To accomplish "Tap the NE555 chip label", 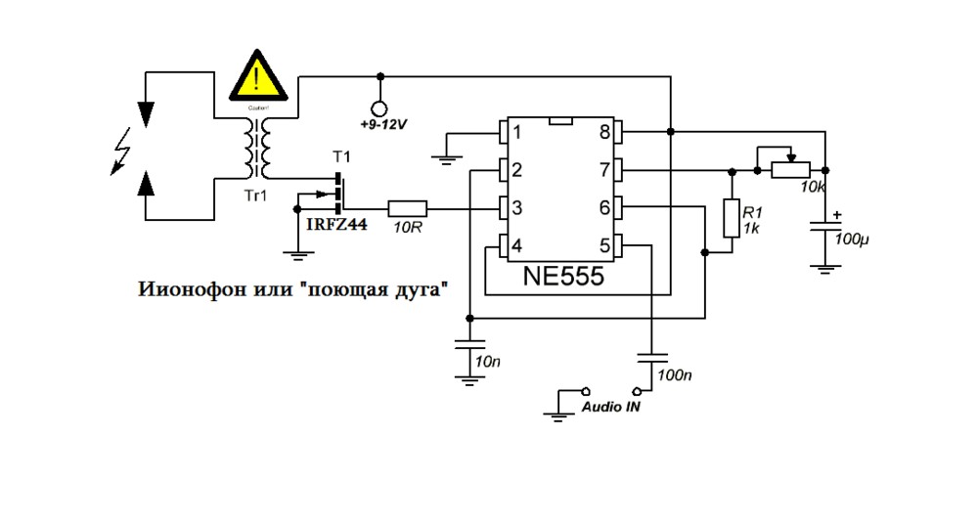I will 562,277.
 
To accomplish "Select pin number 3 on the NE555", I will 517,207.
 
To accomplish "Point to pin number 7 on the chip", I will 604,170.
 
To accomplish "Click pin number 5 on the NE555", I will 604,244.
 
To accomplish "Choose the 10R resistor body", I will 407,207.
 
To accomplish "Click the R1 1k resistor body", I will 730,217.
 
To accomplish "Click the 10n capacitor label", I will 487,362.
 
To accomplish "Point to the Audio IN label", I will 611,407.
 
